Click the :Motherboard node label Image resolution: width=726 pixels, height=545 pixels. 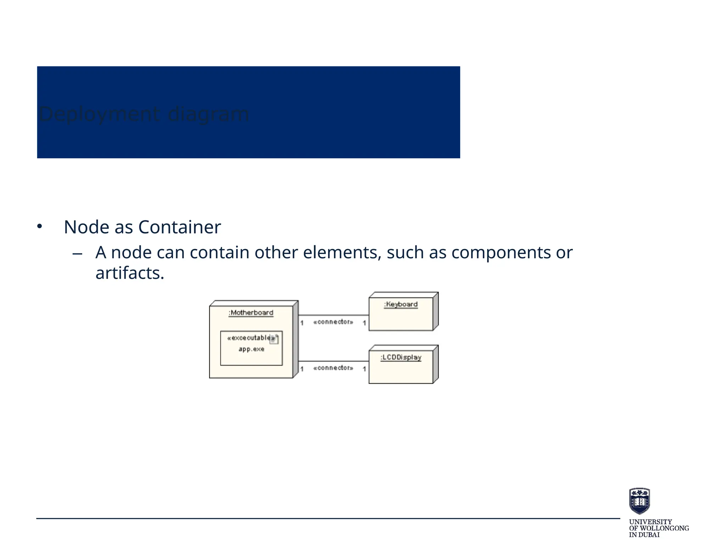click(x=251, y=313)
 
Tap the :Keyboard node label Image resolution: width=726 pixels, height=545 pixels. click(x=401, y=304)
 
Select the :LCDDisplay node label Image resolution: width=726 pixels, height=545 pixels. click(x=401, y=357)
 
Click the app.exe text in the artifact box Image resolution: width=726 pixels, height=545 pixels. click(x=251, y=349)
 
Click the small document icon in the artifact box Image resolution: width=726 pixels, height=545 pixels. click(x=274, y=339)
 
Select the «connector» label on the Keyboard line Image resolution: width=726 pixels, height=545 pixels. click(x=333, y=322)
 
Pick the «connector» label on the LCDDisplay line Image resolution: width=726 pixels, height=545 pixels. click(x=333, y=368)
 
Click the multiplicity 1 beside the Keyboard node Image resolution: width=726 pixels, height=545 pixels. click(x=364, y=323)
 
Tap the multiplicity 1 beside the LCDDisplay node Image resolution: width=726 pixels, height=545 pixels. click(x=364, y=369)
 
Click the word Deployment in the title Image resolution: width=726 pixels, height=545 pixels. click(x=100, y=114)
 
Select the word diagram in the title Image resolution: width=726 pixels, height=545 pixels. click(x=208, y=114)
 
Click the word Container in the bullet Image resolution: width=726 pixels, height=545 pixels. click(x=179, y=227)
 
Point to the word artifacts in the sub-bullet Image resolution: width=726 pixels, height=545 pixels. click(x=130, y=273)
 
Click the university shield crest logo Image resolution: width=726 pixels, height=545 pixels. click(x=639, y=501)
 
